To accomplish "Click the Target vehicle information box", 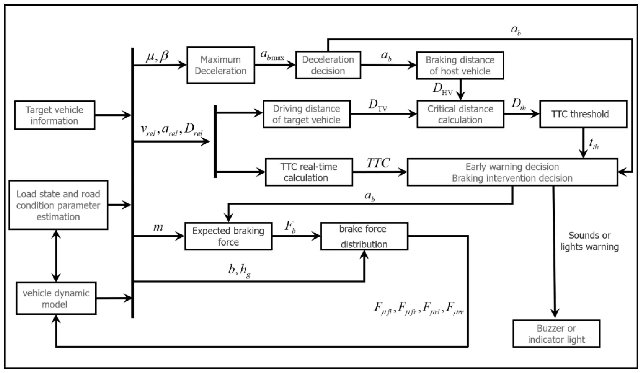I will click(x=55, y=115).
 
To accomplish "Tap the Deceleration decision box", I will click(x=328, y=65).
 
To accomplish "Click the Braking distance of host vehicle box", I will click(x=460, y=65).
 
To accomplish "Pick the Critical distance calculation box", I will click(x=460, y=114).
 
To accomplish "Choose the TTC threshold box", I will click(x=583, y=114).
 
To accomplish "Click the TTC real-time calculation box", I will click(x=309, y=172).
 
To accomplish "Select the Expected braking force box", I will click(x=228, y=236).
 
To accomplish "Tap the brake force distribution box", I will click(x=364, y=236).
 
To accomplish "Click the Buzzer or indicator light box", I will click(x=556, y=334).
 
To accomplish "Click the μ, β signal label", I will click(x=157, y=57).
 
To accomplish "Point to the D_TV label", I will click(x=377, y=105).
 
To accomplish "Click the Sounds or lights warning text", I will click(x=589, y=241).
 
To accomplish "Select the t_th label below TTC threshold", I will click(x=593, y=144).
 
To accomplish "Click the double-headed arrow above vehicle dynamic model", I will click(x=56, y=256).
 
